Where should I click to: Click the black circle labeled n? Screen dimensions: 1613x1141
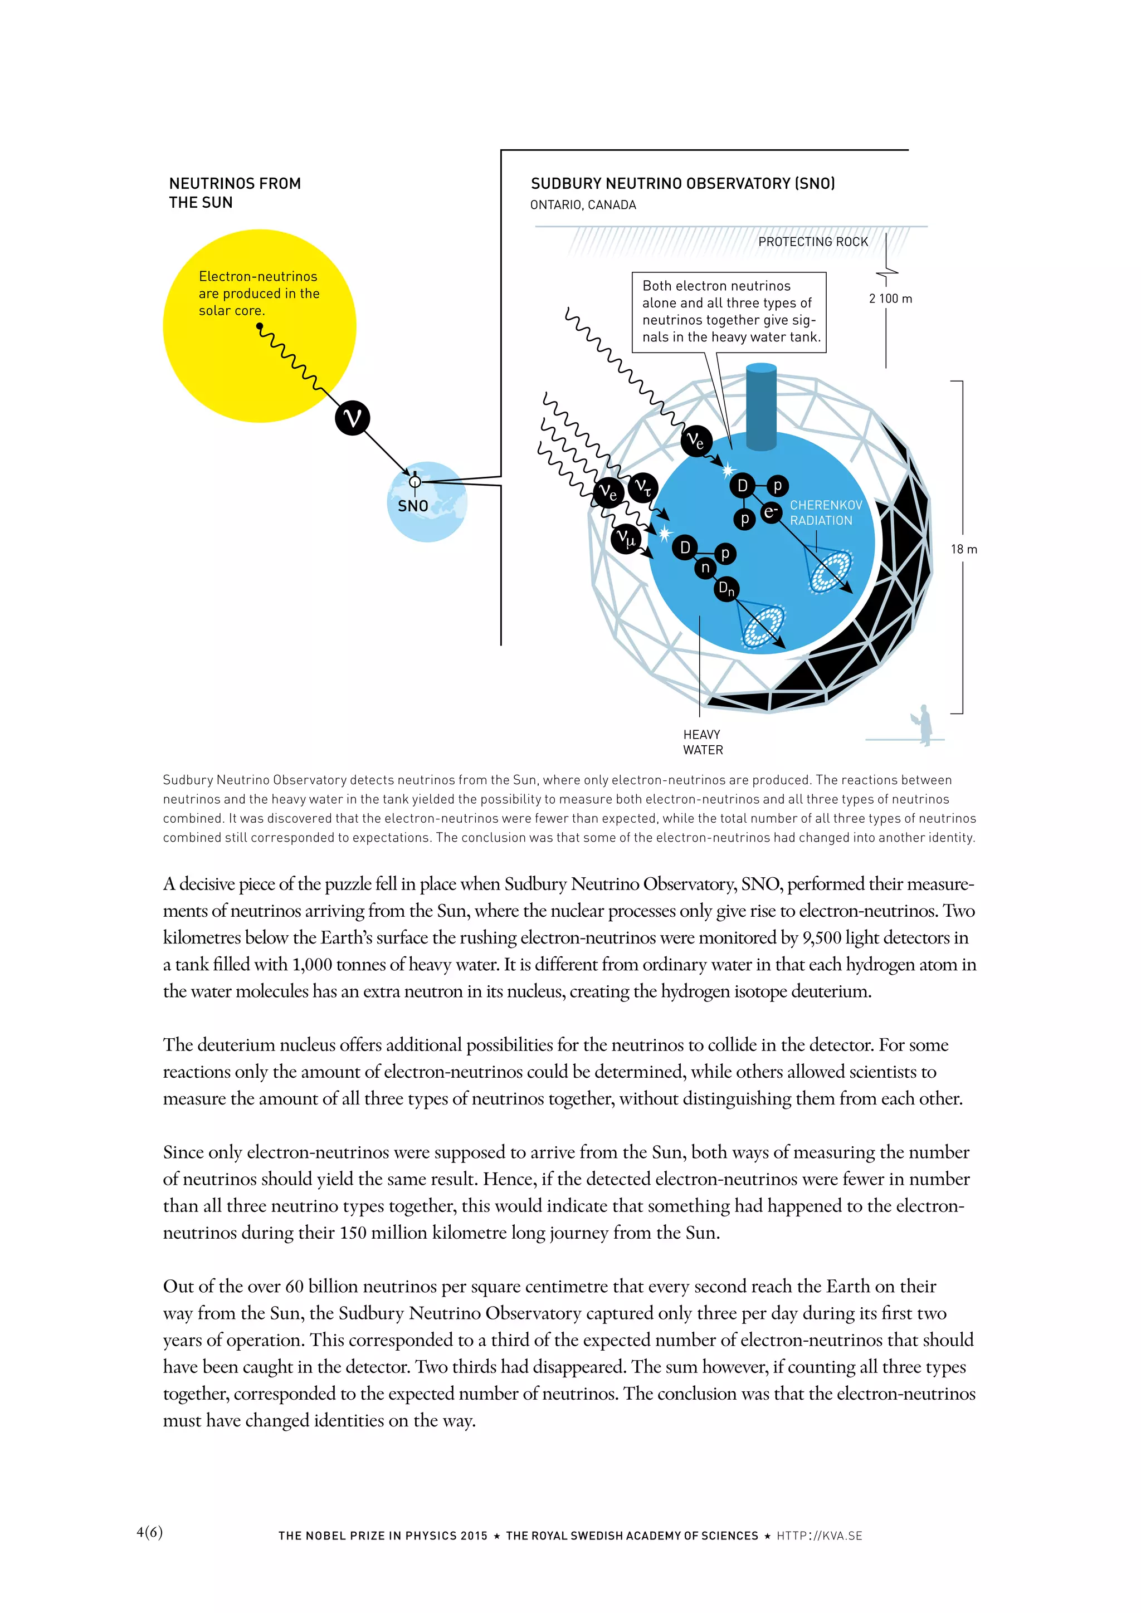[705, 568]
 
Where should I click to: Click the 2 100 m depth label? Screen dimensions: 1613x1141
[890, 299]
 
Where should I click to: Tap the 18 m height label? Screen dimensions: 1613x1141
[963, 549]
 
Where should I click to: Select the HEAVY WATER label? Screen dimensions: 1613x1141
[703, 742]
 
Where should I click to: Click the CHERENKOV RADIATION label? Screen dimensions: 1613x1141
[826, 513]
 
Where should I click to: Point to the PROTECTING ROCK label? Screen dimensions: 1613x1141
[813, 242]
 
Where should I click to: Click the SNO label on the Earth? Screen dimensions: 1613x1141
[413, 506]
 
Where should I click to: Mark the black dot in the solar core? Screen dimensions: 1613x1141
[259, 326]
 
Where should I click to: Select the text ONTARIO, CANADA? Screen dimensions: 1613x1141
[583, 205]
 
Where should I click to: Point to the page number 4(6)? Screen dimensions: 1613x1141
[150, 1532]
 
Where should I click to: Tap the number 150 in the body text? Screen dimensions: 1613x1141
[353, 1233]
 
